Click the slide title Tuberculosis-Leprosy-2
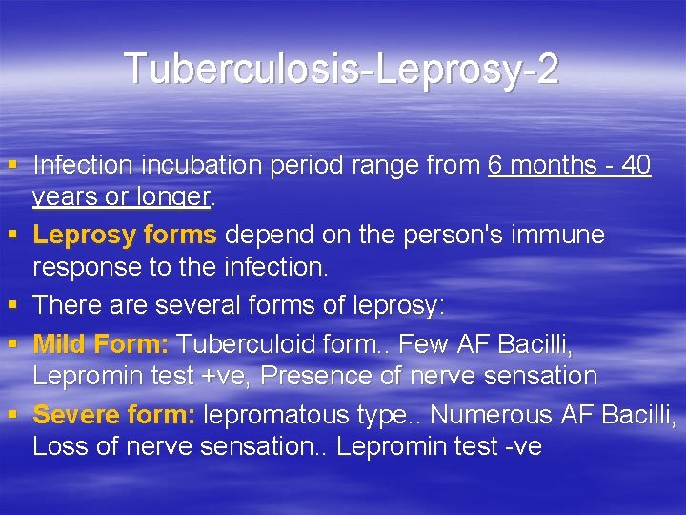pos(341,69)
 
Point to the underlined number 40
pos(634,165)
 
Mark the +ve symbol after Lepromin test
pos(227,376)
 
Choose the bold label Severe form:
pos(114,415)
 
